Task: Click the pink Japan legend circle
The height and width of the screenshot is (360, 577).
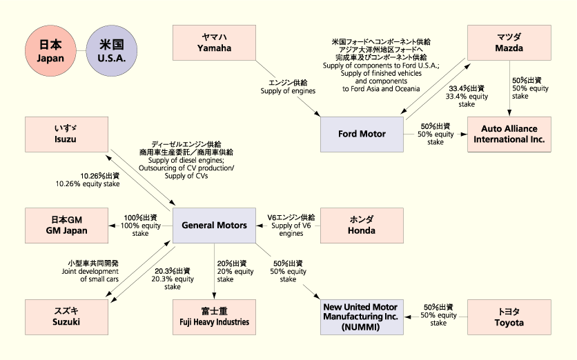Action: pos(50,51)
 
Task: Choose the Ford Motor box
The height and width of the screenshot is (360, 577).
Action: pos(362,133)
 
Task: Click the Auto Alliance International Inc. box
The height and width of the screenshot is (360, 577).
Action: pos(509,134)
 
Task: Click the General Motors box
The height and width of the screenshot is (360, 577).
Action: pos(214,225)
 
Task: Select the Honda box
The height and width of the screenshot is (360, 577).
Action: pos(362,225)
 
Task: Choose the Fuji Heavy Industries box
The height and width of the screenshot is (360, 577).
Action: pos(214,317)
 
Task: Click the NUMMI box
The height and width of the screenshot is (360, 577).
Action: pos(362,317)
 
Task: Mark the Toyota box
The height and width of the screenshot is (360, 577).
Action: pos(509,317)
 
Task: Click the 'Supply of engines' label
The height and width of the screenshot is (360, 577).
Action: pos(288,86)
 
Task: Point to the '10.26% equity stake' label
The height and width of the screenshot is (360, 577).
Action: pos(88,180)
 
